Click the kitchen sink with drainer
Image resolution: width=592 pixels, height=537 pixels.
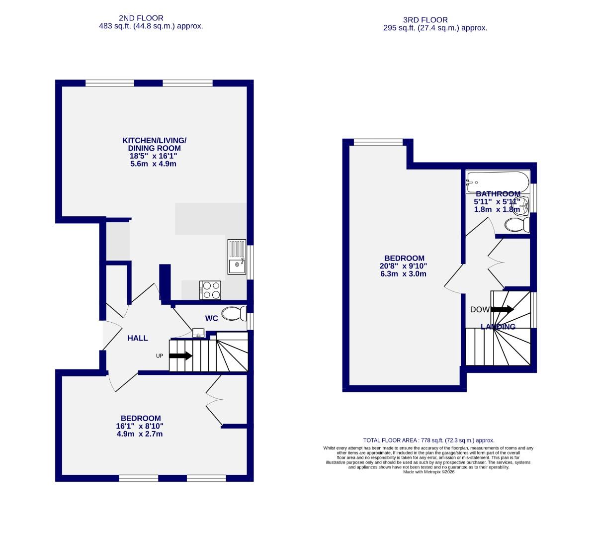pyautogui.click(x=237, y=257)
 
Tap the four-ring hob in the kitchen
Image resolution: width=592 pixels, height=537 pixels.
pyautogui.click(x=210, y=290)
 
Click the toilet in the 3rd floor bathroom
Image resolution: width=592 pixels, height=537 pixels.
pyautogui.click(x=517, y=225)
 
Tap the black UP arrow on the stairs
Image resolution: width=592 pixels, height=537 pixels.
pyautogui.click(x=180, y=356)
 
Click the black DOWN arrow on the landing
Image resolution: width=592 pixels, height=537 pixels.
pyautogui.click(x=502, y=309)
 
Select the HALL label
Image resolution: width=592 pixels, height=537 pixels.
pyautogui.click(x=138, y=338)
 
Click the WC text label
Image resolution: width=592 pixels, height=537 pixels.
pyautogui.click(x=212, y=318)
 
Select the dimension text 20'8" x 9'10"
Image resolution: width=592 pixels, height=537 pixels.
pyautogui.click(x=404, y=266)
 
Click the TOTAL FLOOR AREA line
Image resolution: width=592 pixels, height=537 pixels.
pyautogui.click(x=428, y=440)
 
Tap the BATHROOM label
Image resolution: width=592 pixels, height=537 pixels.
pyautogui.click(x=498, y=194)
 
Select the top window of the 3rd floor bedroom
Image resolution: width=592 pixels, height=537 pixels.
pyautogui.click(x=378, y=143)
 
